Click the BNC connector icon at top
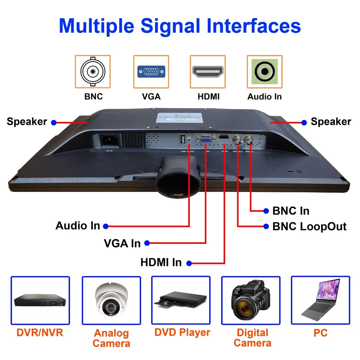(93, 72)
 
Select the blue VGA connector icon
(151, 72)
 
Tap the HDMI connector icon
(207, 72)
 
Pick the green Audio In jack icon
(264, 72)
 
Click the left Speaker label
(27, 121)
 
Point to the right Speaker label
(331, 121)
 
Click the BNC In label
(291, 211)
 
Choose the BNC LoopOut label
(309, 226)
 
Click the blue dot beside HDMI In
(189, 263)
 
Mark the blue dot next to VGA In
(147, 243)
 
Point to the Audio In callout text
(78, 226)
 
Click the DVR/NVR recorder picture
(40, 301)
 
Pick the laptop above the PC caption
(321, 298)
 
